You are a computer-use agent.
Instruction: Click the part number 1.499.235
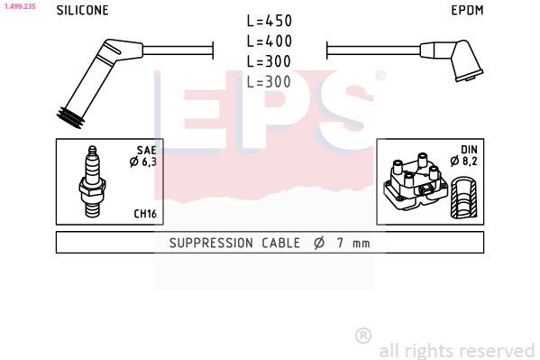click(x=20, y=6)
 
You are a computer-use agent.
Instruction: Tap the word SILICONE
click(x=82, y=10)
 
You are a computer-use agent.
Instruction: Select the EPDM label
click(x=467, y=10)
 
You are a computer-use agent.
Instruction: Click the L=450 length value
click(x=270, y=21)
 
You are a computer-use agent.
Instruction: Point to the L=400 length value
click(x=270, y=42)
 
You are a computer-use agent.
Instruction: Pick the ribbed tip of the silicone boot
click(x=70, y=118)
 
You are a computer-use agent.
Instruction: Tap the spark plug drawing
click(x=92, y=181)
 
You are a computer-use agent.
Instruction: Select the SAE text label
click(x=146, y=150)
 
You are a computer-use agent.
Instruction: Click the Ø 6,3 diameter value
click(x=143, y=162)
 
